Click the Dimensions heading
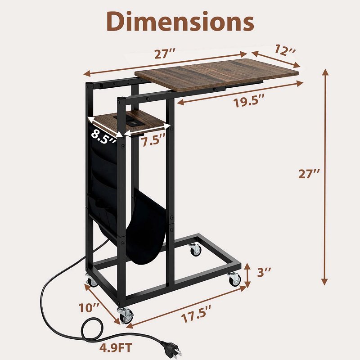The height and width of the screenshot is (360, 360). (x=180, y=21)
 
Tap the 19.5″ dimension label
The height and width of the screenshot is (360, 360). (x=249, y=102)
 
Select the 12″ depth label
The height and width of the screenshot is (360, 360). (x=285, y=50)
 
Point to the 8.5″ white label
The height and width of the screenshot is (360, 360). (x=103, y=138)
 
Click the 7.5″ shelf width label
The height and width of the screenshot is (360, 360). (x=153, y=140)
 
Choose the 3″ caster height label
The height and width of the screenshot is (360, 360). (x=264, y=272)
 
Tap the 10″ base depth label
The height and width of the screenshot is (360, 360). (x=89, y=307)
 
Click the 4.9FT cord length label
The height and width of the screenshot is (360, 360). (x=116, y=347)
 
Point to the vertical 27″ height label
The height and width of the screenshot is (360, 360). (x=309, y=174)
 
